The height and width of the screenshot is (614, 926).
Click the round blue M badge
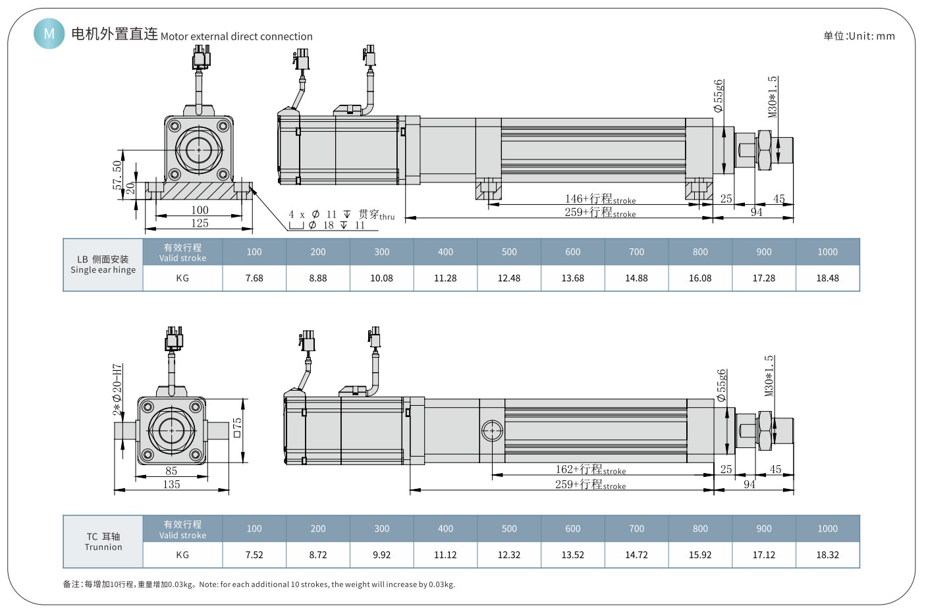pyautogui.click(x=49, y=33)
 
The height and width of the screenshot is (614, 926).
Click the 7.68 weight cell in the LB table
pyautogui.click(x=254, y=278)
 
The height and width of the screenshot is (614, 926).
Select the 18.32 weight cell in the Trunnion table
pyautogui.click(x=827, y=555)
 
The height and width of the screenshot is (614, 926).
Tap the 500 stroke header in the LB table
pyautogui.click(x=509, y=252)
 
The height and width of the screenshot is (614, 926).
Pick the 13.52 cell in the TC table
pyautogui.click(x=572, y=555)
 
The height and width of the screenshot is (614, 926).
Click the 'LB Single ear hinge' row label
pyautogui.click(x=103, y=265)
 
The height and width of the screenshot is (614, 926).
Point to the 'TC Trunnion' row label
pyautogui.click(x=103, y=542)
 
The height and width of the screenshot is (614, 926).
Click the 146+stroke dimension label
pyautogui.click(x=600, y=198)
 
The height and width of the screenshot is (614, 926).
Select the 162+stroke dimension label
pyautogui.click(x=590, y=469)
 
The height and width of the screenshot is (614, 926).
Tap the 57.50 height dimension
pyautogui.click(x=117, y=175)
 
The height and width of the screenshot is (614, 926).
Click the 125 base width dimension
pyautogui.click(x=200, y=223)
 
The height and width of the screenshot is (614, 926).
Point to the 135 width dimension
pyautogui.click(x=171, y=484)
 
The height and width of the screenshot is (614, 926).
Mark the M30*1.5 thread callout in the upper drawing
pyautogui.click(x=773, y=96)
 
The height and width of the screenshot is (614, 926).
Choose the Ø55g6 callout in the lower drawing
pyautogui.click(x=722, y=385)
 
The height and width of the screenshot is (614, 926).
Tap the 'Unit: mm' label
pyautogui.click(x=859, y=36)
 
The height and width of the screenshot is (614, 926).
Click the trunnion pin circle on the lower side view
pyautogui.click(x=492, y=431)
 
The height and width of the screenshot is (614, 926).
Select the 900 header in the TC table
pyautogui.click(x=764, y=528)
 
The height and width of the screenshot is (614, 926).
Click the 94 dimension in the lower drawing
pyautogui.click(x=749, y=484)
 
